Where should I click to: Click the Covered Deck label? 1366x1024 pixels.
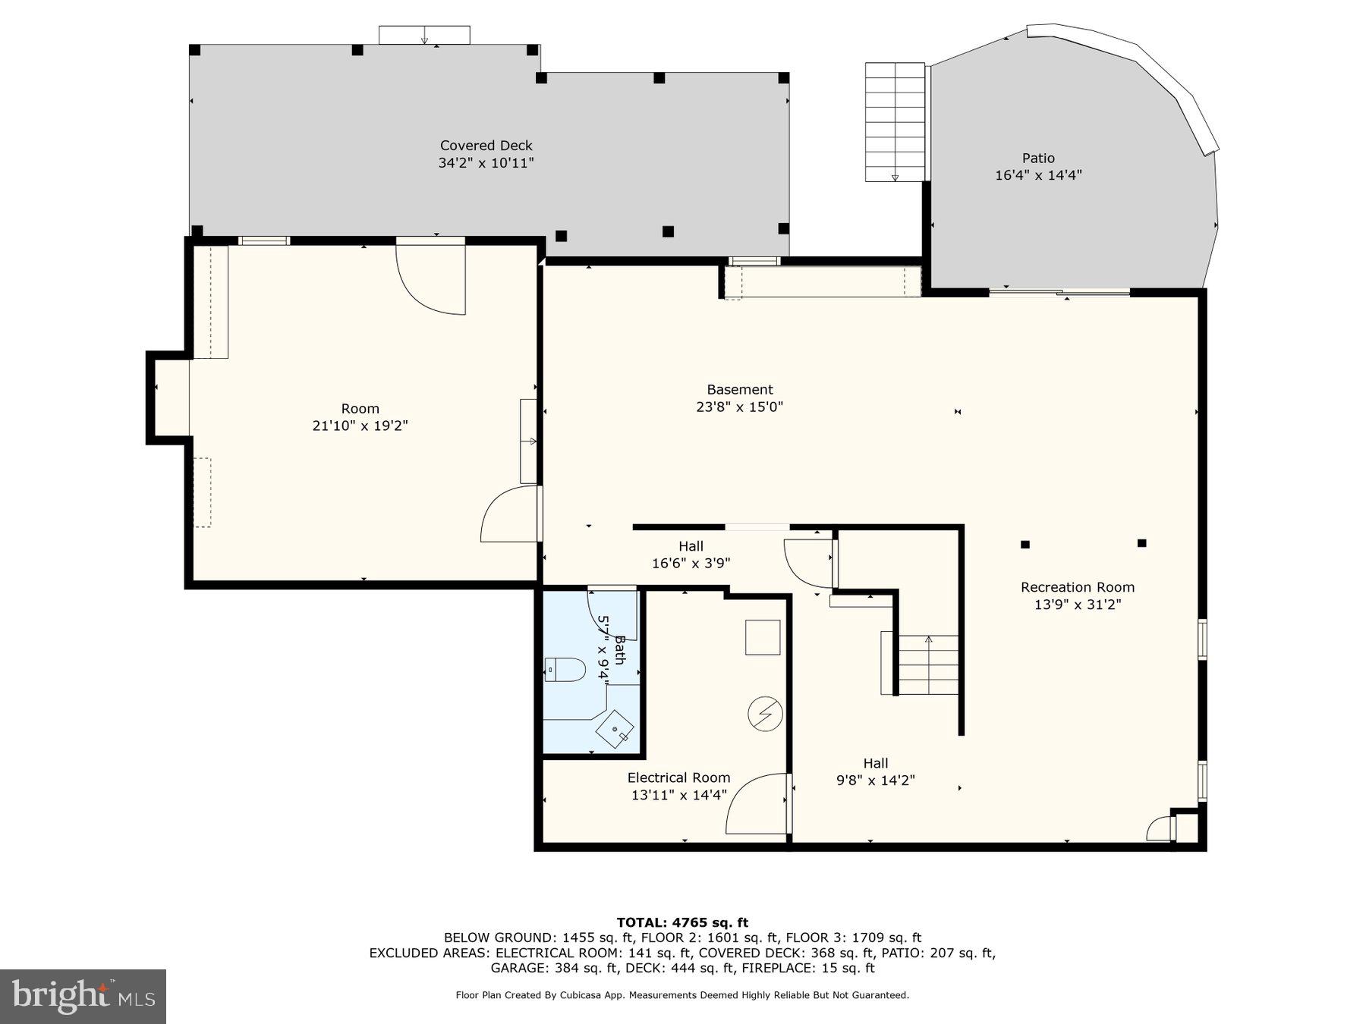486,146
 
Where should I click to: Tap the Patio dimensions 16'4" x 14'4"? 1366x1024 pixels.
1038,175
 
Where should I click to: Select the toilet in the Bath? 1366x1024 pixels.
566,671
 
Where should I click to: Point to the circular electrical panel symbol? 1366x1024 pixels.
764,714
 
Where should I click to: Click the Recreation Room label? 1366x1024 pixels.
1077,587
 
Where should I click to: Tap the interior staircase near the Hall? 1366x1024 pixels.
927,664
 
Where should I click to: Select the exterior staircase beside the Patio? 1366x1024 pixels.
895,121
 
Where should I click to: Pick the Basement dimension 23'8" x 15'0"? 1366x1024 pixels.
739,407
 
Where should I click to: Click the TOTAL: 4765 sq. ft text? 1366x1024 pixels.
682,922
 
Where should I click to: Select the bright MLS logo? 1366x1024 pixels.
83,995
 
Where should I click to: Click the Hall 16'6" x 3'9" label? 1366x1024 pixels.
691,554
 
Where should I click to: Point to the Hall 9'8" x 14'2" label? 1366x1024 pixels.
875,771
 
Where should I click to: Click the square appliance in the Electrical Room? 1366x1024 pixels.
763,637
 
